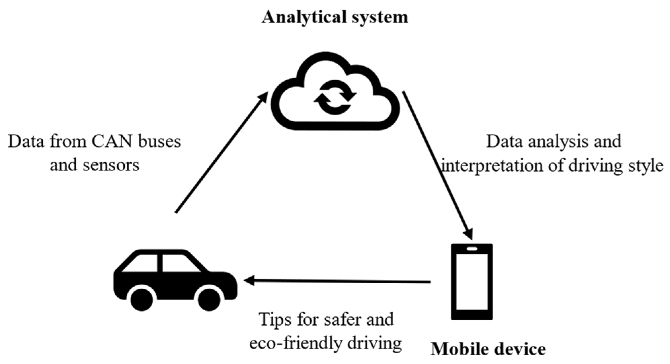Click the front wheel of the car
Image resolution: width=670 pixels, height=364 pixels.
click(x=209, y=298)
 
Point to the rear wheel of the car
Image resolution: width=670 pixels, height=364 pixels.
click(x=142, y=298)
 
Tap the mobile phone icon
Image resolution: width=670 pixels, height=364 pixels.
click(x=472, y=282)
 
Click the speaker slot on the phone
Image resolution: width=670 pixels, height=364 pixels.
click(x=472, y=249)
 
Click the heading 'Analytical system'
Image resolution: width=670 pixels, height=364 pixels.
click(x=335, y=17)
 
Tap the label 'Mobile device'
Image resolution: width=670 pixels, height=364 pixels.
click(x=488, y=349)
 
